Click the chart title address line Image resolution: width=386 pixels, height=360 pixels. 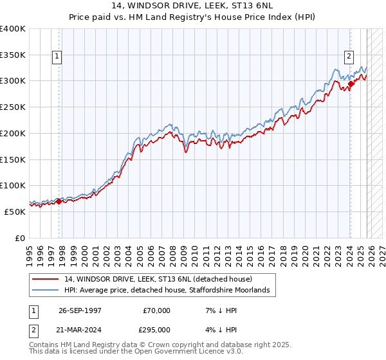coord(193,6)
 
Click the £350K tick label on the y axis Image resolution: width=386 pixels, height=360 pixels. coord(13,55)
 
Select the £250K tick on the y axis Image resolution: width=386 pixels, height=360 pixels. coord(13,107)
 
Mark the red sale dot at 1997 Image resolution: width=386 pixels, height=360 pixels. coord(59,201)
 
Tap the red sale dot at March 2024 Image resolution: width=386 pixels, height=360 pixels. coord(351,84)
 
